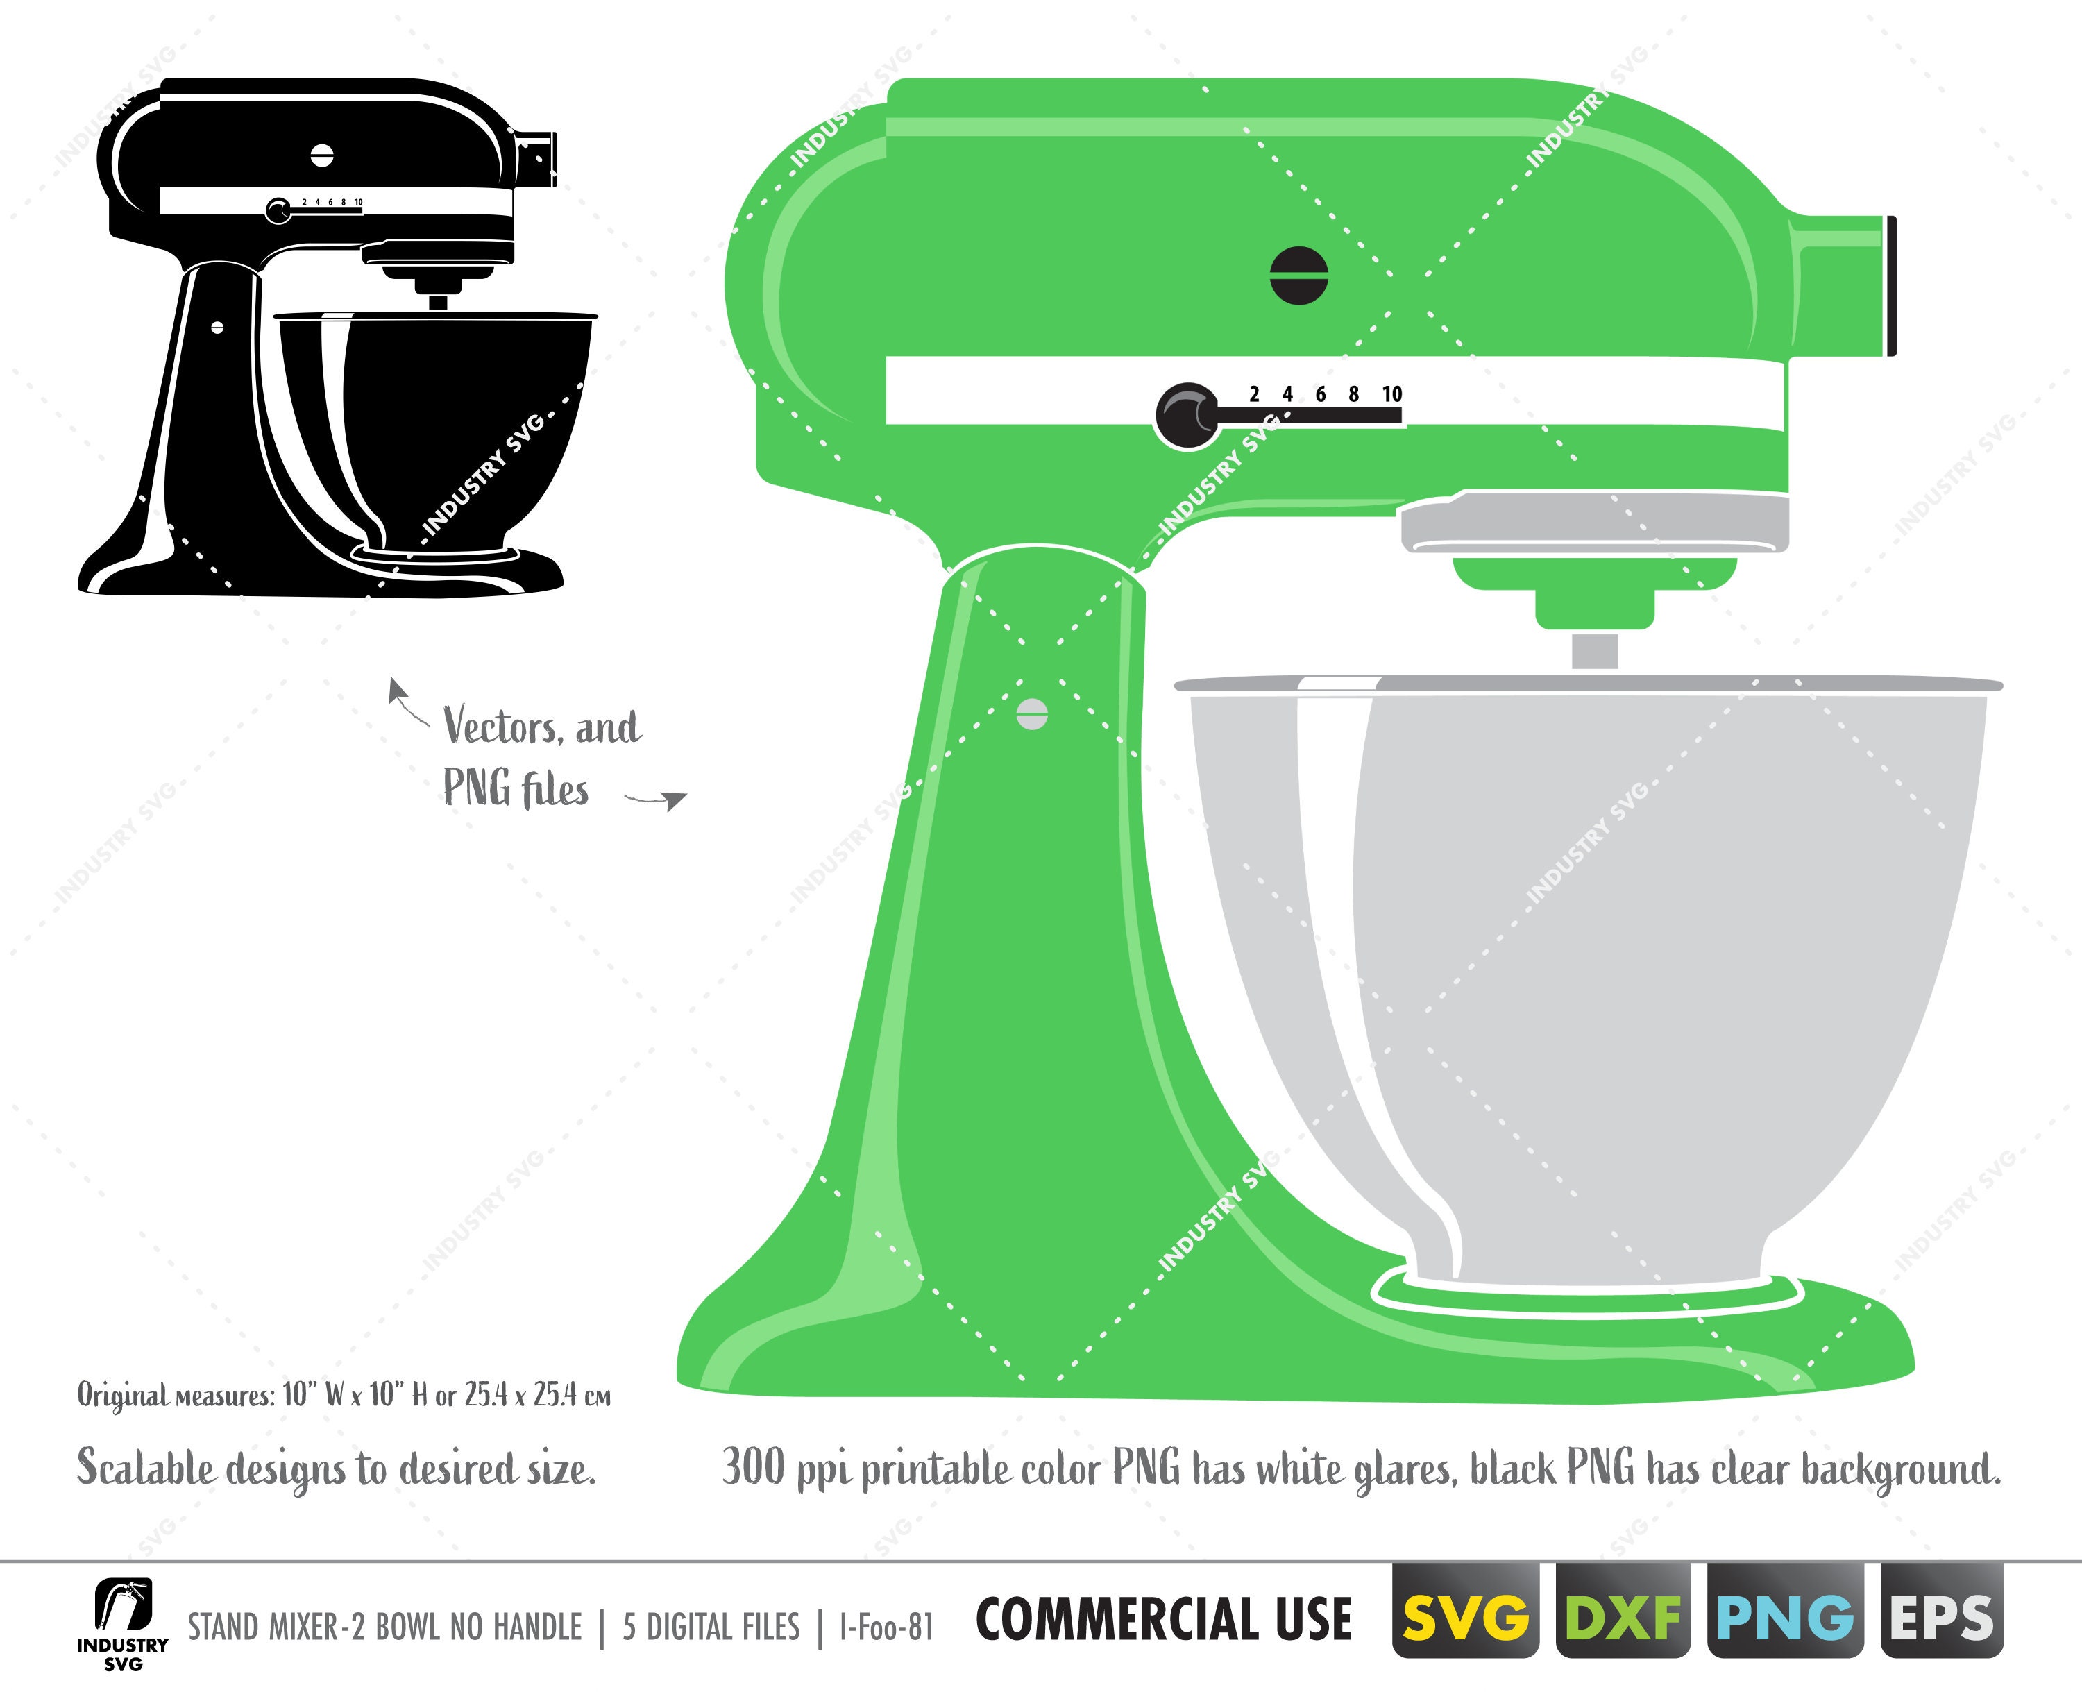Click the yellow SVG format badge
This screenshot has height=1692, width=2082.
[x=1466, y=1619]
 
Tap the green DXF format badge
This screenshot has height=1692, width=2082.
[x=1623, y=1619]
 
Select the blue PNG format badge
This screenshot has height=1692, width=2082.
[x=1785, y=1619]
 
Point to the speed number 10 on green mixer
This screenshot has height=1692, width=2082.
[x=1392, y=394]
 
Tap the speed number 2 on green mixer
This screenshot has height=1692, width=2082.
[x=1255, y=394]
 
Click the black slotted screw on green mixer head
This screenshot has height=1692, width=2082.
[x=1299, y=275]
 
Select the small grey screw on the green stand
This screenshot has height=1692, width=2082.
[x=1032, y=713]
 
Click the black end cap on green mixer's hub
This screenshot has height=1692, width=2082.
[x=1892, y=285]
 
